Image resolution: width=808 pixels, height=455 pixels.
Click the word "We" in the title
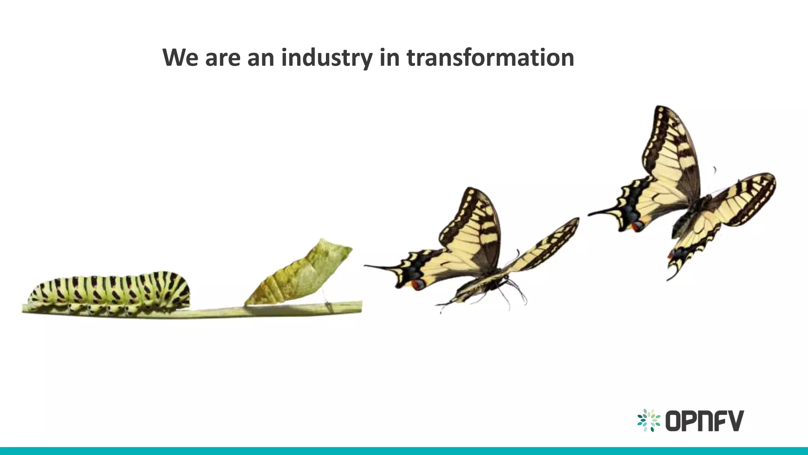[180, 58]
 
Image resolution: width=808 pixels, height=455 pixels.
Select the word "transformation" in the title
[490, 58]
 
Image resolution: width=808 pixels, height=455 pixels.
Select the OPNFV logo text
[704, 421]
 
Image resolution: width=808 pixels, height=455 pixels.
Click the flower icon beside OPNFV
[649, 420]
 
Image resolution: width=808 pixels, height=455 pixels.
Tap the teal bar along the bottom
[404, 451]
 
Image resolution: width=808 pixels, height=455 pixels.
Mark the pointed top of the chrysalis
[323, 240]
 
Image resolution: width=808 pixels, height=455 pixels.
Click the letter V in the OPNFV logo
[735, 421]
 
